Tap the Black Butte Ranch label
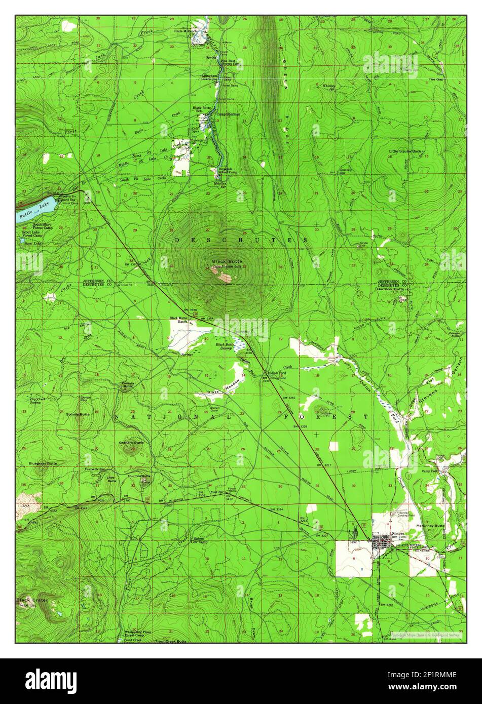click(x=178, y=320)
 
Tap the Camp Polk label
click(x=430, y=471)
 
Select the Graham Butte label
click(x=131, y=443)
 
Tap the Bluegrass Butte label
click(x=43, y=463)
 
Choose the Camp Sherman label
click(x=228, y=114)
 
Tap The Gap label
click(x=435, y=79)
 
